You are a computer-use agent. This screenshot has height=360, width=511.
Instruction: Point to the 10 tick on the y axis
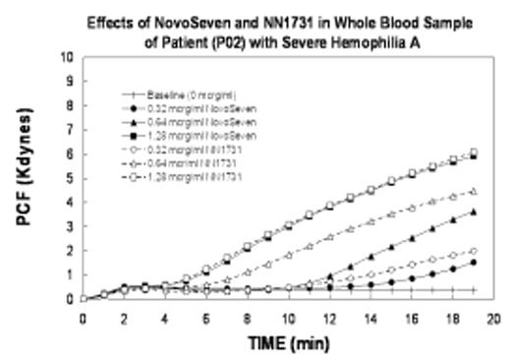coord(68,57)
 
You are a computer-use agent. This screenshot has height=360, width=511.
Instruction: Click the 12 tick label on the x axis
coord(330,319)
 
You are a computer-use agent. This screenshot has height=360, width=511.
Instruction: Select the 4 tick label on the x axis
coord(165,319)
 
